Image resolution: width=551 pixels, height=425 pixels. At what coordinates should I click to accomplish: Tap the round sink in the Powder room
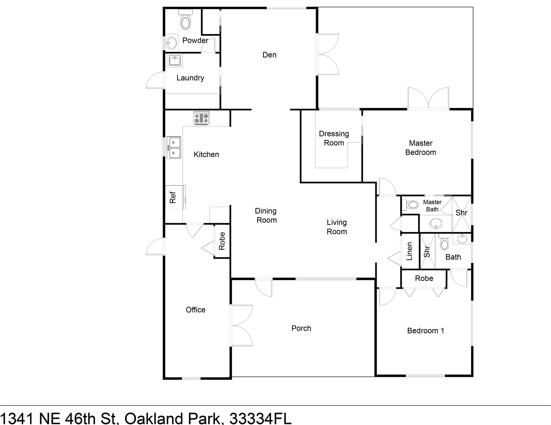(x=171, y=43)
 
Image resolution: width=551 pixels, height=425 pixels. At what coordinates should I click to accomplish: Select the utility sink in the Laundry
(x=175, y=60)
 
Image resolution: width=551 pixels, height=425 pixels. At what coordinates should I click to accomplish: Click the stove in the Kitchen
(x=201, y=118)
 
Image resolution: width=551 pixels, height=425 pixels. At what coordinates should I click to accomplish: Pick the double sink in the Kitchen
(x=174, y=147)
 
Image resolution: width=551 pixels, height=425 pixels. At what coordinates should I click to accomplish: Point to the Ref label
(x=173, y=197)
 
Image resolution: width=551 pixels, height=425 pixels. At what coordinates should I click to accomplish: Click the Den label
(x=269, y=55)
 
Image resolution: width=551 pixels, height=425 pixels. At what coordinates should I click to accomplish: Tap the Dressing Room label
(x=334, y=138)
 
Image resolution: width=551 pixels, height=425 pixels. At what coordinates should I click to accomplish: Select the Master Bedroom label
(x=420, y=148)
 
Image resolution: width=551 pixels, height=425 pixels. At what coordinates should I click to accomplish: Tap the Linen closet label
(x=409, y=251)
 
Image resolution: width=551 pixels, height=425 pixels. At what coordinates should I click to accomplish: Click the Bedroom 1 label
(x=425, y=331)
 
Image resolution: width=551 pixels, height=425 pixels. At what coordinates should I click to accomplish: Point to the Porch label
(x=301, y=328)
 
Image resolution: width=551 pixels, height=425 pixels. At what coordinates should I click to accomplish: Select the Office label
(x=196, y=310)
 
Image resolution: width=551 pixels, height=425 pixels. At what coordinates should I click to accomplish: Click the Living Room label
(x=337, y=227)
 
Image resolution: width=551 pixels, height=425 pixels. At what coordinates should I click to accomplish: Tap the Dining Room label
(x=266, y=216)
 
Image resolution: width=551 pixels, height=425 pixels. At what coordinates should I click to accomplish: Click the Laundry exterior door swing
(x=155, y=80)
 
